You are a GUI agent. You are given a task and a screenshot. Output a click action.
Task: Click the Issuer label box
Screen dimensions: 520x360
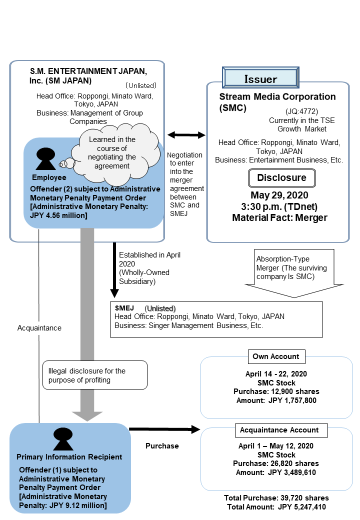[x=260, y=79]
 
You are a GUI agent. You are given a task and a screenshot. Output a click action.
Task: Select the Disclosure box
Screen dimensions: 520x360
[x=281, y=178]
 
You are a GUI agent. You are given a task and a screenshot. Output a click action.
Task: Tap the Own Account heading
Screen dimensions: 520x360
[x=276, y=356]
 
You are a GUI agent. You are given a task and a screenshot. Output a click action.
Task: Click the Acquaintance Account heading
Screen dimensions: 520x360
[x=279, y=430]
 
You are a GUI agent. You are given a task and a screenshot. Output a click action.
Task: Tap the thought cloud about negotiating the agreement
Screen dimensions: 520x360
[x=112, y=153]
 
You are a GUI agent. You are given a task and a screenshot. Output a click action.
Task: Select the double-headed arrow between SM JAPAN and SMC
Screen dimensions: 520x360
[x=186, y=135]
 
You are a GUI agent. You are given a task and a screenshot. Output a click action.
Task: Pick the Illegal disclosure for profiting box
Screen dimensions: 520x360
[x=95, y=375]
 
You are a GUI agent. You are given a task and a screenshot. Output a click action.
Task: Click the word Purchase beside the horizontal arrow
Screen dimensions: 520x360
[x=162, y=445]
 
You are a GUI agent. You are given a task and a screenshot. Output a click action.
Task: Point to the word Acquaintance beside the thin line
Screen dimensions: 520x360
[x=39, y=328]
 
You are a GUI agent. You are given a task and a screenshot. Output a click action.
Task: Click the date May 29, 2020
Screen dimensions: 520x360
[x=281, y=195]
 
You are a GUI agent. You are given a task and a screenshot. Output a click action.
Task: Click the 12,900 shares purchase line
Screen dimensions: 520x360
[x=276, y=391]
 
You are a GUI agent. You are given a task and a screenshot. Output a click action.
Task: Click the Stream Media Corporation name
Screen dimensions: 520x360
[x=277, y=96]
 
